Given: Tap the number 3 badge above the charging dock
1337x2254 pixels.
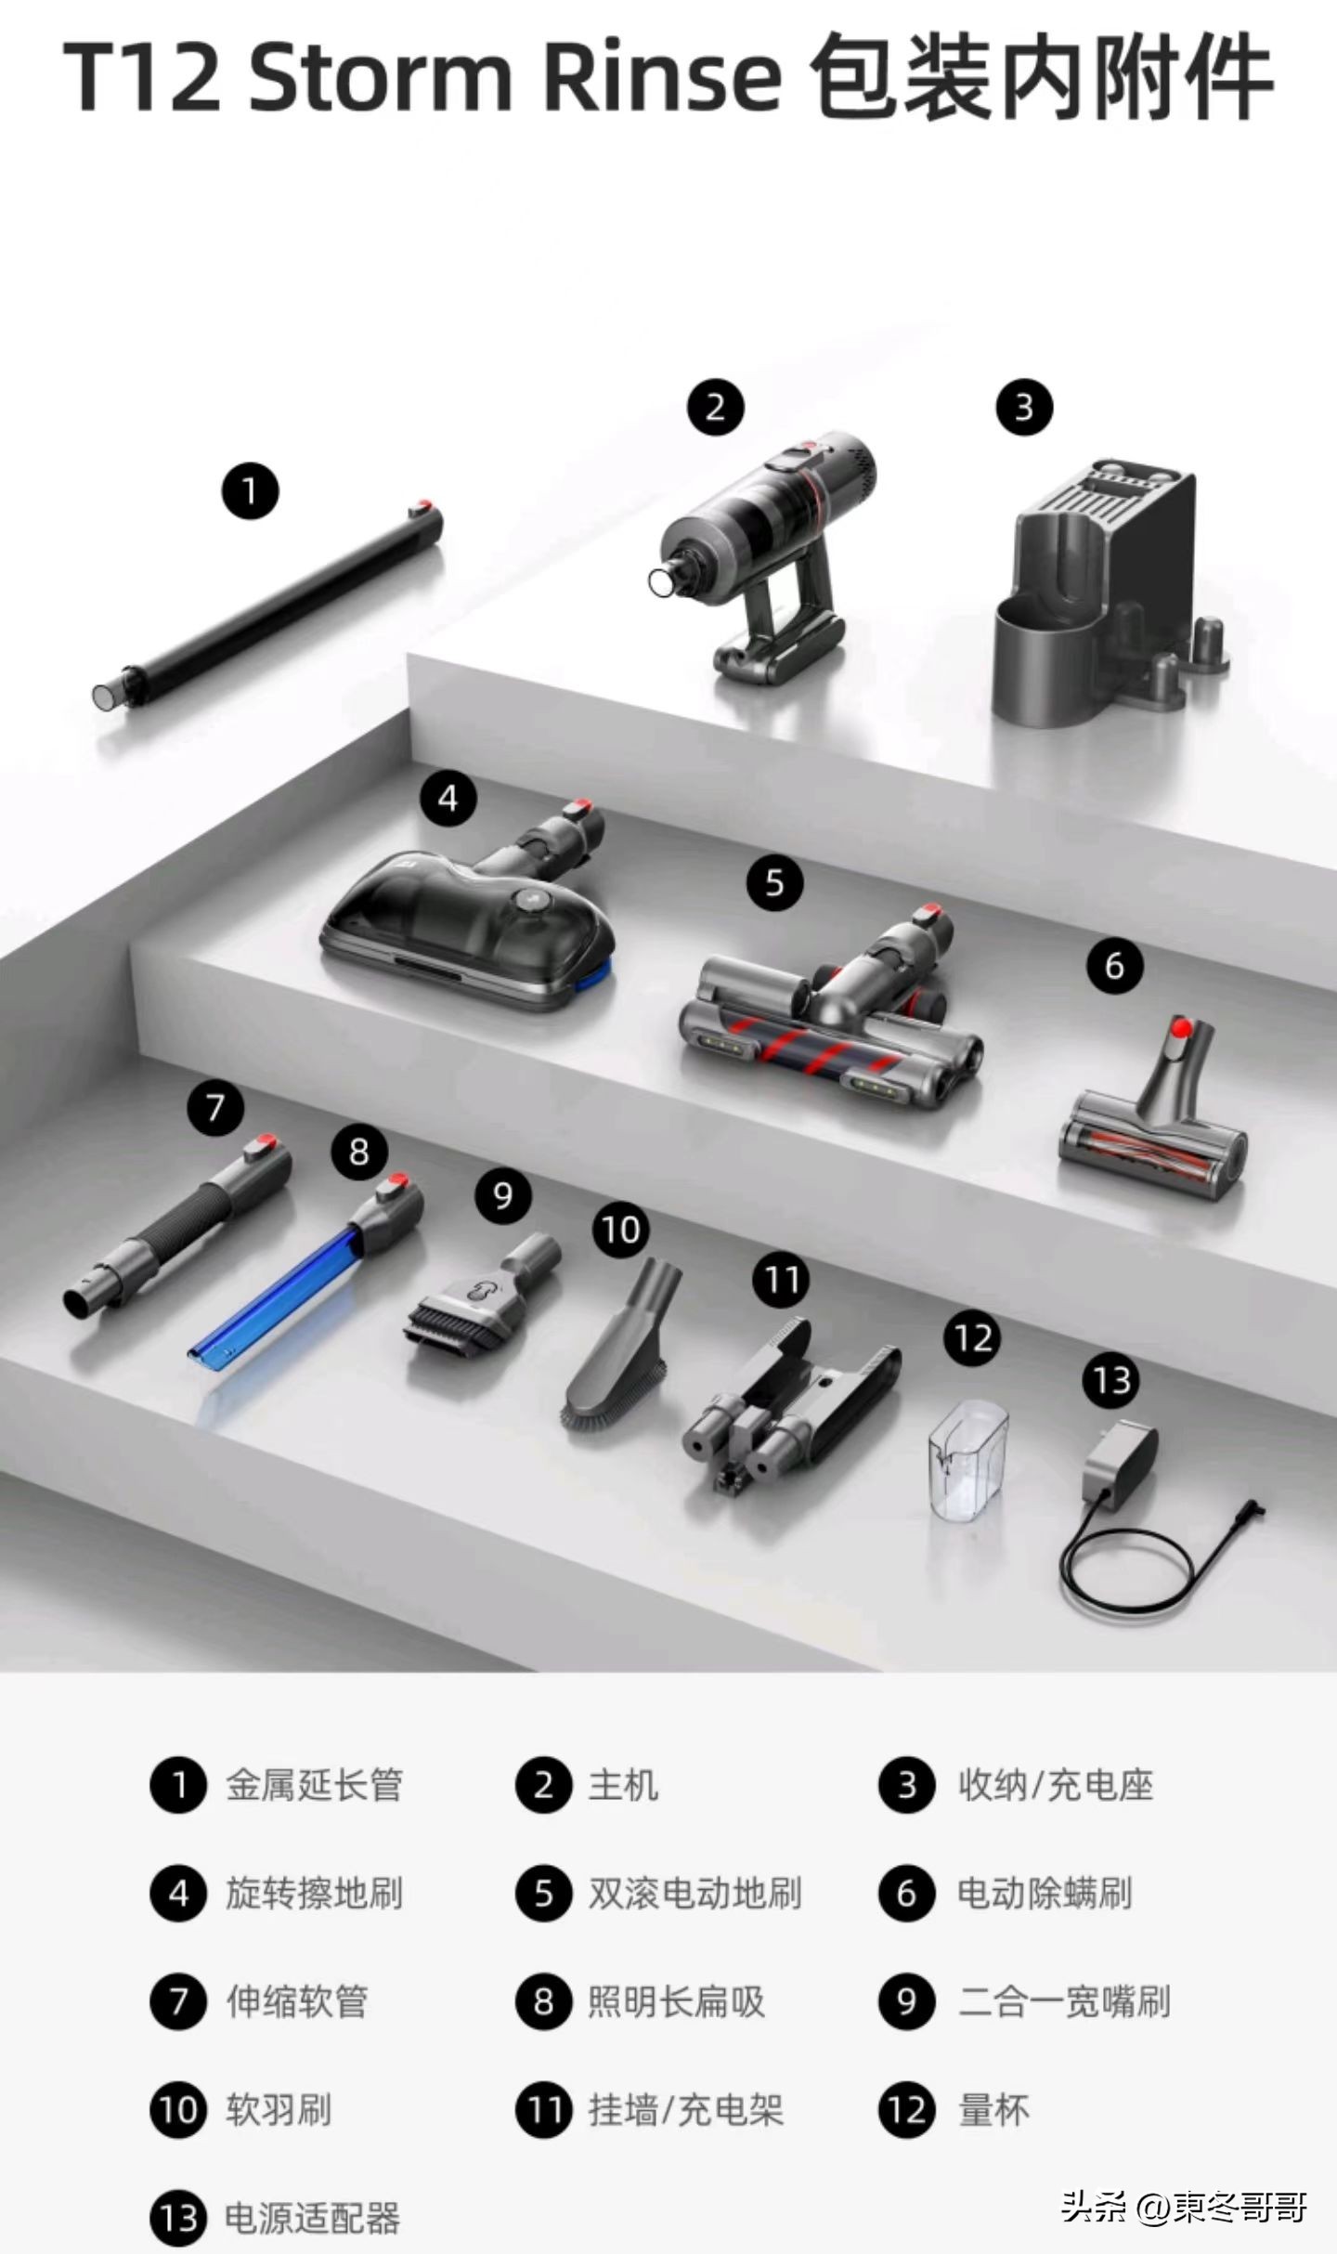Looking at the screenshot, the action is coord(1024,407).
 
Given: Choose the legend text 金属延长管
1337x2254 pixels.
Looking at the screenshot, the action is coord(314,1786).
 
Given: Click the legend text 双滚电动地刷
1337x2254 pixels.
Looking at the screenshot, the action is coord(694,1894).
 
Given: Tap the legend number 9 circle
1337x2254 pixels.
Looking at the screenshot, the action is coord(906,2001).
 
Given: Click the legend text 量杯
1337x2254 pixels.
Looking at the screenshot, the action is coord(993,2111).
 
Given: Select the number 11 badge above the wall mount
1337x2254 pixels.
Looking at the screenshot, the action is coord(781,1281).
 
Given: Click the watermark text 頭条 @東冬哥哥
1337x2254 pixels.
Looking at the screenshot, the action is coord(1185,2199).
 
